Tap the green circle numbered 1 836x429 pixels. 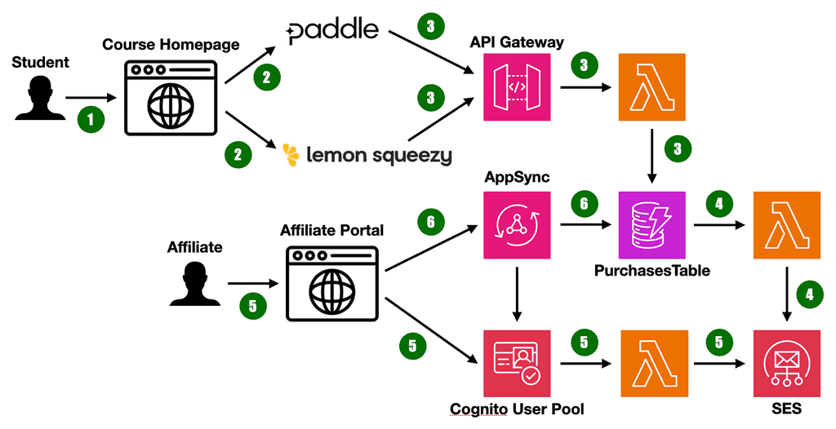tap(91, 119)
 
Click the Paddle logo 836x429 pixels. tap(333, 31)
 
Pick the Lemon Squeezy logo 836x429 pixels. tap(367, 154)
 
